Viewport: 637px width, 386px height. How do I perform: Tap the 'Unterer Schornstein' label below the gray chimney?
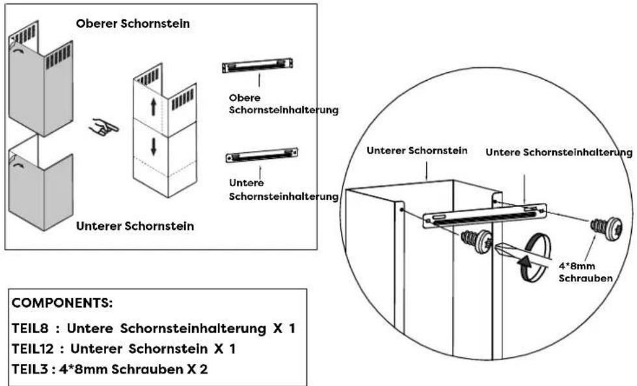point(135,227)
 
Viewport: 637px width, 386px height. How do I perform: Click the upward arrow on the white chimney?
point(154,107)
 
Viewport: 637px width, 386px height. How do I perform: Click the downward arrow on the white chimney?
point(154,146)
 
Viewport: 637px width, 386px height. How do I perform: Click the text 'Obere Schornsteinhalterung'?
point(284,104)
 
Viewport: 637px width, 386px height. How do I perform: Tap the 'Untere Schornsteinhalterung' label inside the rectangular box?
point(284,190)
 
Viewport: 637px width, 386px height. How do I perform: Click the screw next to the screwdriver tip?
point(478,242)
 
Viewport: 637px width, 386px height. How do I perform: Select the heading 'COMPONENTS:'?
point(53,303)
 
